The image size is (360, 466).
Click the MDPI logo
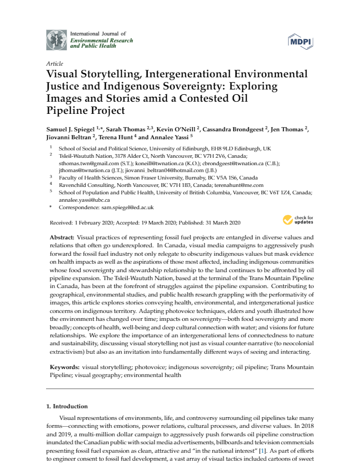tap(299, 40)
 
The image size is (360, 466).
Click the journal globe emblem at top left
tap(57, 40)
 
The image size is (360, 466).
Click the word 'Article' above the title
tap(55, 64)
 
